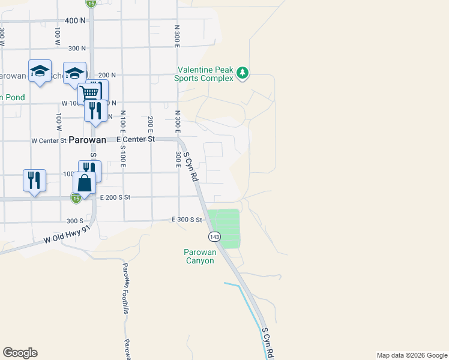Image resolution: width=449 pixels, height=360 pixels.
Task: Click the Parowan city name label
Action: (x=87, y=140)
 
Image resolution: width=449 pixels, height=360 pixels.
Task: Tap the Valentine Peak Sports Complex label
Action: (x=204, y=74)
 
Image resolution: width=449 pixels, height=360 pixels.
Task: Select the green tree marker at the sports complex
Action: (x=243, y=73)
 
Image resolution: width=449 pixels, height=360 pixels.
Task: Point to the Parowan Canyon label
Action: (x=199, y=256)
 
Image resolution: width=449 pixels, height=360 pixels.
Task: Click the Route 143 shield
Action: (x=214, y=237)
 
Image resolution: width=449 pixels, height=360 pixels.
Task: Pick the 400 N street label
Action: (x=75, y=20)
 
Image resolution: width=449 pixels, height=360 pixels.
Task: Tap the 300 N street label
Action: (x=77, y=48)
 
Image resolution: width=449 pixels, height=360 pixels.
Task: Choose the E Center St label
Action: (x=131, y=139)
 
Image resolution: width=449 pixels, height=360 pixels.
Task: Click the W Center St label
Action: (x=49, y=140)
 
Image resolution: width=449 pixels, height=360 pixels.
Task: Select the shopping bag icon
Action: (x=85, y=183)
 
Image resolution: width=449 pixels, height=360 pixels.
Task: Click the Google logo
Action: (x=20, y=353)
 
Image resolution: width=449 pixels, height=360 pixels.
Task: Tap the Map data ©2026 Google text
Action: (x=412, y=355)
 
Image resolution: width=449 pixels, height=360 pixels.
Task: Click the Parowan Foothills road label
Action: (x=125, y=288)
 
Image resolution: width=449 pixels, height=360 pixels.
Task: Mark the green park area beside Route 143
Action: (x=224, y=228)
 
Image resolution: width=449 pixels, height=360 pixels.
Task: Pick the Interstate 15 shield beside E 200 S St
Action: (x=76, y=198)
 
